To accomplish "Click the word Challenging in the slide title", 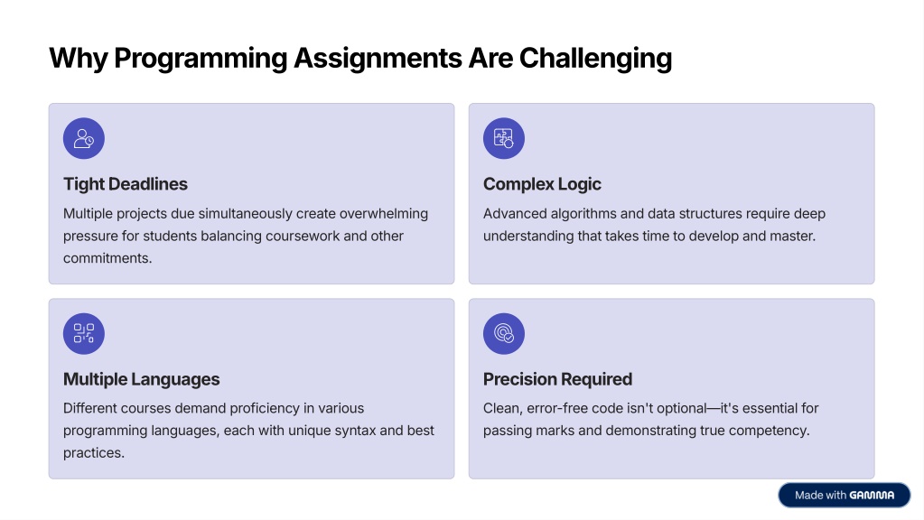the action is [595, 59].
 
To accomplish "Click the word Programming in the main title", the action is [201, 59].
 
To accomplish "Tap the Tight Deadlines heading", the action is [126, 184].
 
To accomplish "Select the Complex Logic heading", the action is [542, 184].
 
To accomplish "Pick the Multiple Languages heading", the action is [142, 379].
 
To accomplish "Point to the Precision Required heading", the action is [557, 379].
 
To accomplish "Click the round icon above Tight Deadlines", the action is [84, 138].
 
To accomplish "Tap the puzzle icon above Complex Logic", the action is [504, 138].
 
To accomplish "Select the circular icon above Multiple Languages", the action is [84, 333].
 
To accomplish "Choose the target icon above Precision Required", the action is [504, 333].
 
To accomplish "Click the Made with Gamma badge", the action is [845, 496].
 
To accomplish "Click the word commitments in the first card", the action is [106, 258].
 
